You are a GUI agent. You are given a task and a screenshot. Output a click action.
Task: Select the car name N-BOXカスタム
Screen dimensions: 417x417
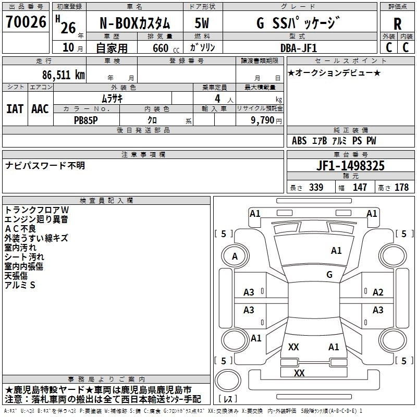click(x=134, y=23)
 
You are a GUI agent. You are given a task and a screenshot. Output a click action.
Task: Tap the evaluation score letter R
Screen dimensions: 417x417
click(x=397, y=23)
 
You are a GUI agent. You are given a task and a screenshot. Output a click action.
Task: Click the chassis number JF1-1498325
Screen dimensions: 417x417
click(x=351, y=166)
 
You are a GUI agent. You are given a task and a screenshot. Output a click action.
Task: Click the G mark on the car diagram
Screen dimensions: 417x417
click(x=329, y=274)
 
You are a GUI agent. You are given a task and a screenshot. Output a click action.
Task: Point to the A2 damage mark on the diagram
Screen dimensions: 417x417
click(x=378, y=292)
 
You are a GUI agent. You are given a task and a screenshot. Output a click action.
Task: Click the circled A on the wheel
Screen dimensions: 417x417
click(x=235, y=256)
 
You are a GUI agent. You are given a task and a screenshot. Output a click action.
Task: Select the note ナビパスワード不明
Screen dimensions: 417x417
click(x=45, y=166)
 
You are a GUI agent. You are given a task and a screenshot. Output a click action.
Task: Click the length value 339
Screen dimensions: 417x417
click(x=316, y=188)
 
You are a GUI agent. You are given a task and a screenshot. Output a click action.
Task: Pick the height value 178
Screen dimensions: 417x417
click(x=401, y=188)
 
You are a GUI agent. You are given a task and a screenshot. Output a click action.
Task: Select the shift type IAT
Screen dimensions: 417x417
click(x=15, y=108)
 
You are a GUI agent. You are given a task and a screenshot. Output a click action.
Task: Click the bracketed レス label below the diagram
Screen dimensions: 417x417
click(x=229, y=400)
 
